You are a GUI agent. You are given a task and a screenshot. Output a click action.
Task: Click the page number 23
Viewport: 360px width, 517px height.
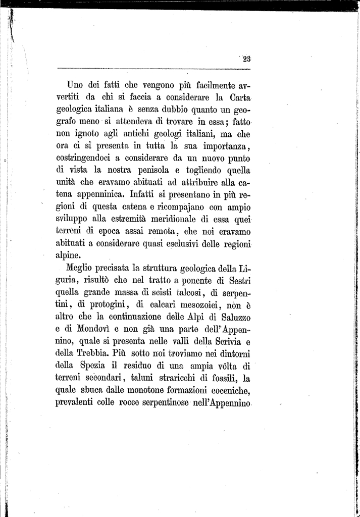click(x=246, y=59)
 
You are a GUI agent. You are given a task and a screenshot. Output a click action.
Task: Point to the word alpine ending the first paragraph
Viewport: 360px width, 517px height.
click(x=69, y=255)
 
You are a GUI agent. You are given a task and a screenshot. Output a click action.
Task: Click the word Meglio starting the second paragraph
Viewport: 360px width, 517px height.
click(x=80, y=268)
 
